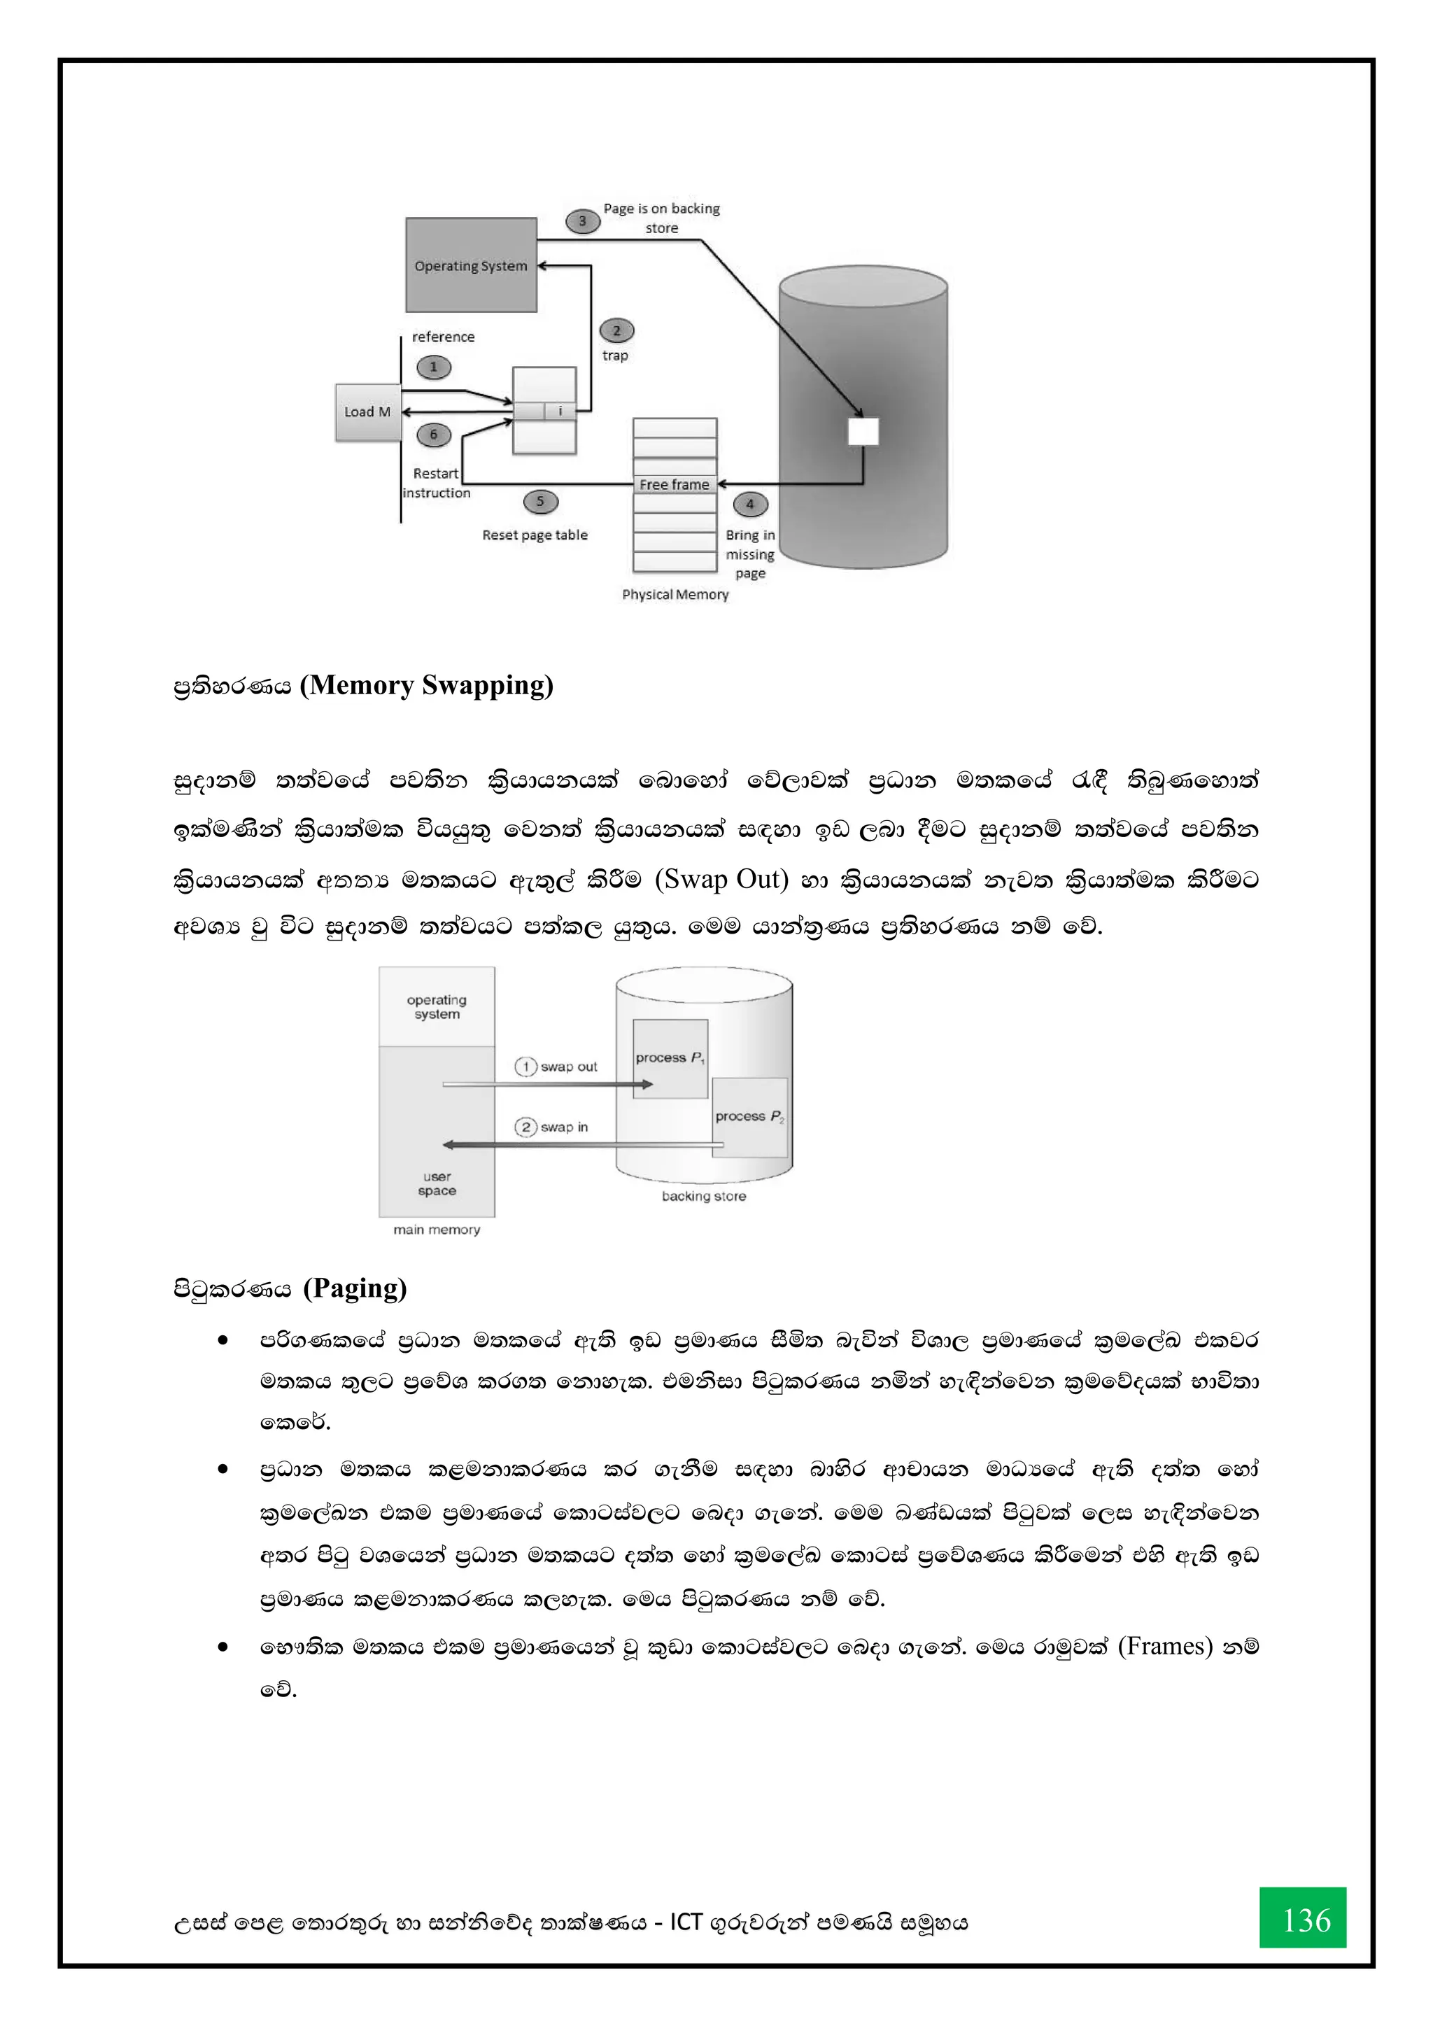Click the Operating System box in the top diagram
(x=471, y=265)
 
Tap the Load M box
(x=367, y=412)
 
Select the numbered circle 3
(x=582, y=220)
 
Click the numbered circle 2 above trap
(x=616, y=331)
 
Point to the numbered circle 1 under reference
(x=433, y=367)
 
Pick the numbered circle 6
(x=433, y=434)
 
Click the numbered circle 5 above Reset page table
(x=540, y=501)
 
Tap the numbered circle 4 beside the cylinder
(x=750, y=504)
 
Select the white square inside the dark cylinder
(x=863, y=432)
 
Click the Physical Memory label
(x=675, y=595)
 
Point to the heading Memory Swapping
(x=426, y=686)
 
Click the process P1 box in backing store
(x=670, y=1058)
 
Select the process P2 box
(x=750, y=1117)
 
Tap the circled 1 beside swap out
(x=526, y=1067)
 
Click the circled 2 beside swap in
(x=526, y=1127)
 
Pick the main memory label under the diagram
(x=437, y=1229)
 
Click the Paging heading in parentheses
(x=355, y=1288)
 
